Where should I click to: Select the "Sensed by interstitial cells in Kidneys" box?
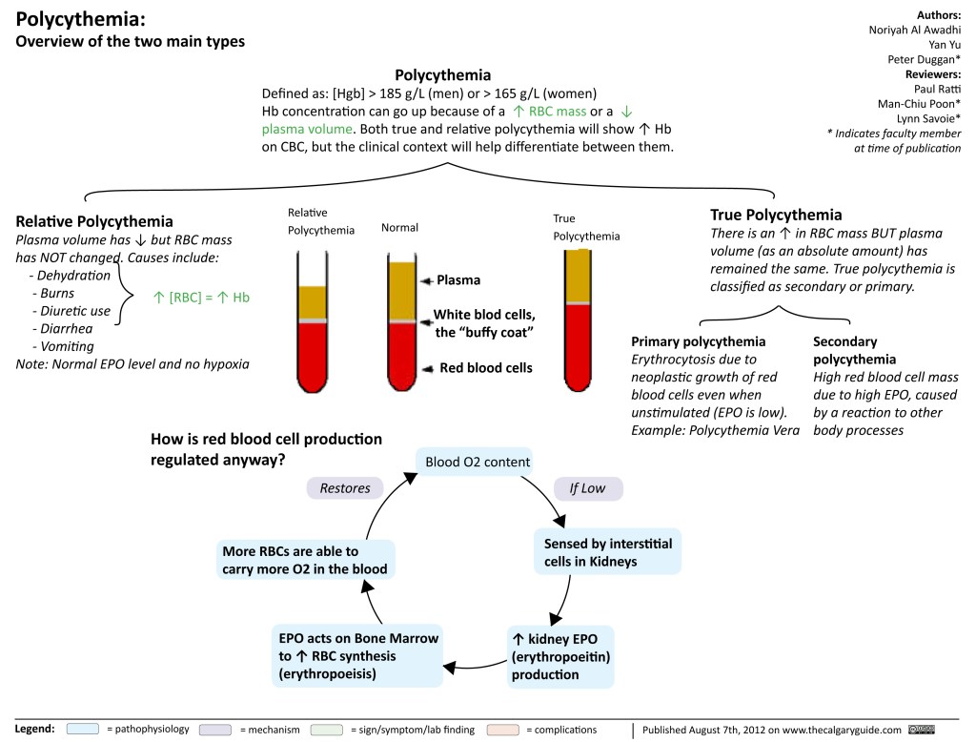click(x=607, y=552)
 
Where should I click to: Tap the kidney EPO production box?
click(x=560, y=656)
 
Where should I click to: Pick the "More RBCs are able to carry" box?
click(x=304, y=560)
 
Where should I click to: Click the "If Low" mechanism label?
click(x=587, y=488)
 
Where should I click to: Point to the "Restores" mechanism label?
click(x=345, y=487)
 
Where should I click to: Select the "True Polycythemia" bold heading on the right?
click(x=776, y=215)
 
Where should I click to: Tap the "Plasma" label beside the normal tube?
click(x=457, y=280)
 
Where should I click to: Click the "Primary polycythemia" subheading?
click(x=699, y=341)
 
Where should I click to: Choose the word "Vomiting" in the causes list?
click(x=64, y=346)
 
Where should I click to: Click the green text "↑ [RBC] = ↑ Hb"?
click(x=201, y=297)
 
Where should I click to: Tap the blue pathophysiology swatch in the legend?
click(x=84, y=730)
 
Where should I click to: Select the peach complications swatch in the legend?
click(x=502, y=730)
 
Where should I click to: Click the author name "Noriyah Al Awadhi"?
click(x=913, y=29)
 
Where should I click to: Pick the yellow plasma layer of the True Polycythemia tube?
click(x=577, y=275)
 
